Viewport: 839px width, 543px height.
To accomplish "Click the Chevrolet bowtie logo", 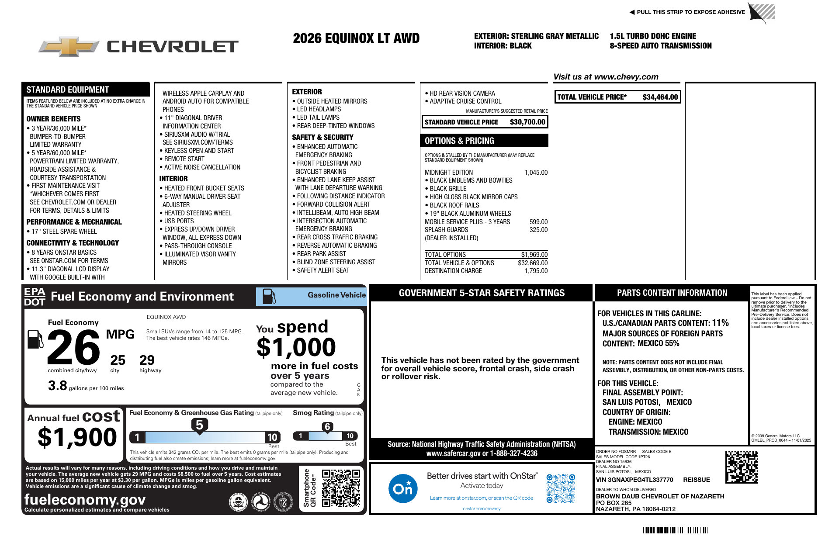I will tap(69, 46).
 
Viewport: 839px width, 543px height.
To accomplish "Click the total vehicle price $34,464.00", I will tap(660, 97).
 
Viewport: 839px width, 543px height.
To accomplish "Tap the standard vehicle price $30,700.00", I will tap(527, 122).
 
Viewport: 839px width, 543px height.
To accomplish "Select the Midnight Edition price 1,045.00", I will tap(536, 173).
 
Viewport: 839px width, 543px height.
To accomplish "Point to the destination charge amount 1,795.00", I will tap(536, 271).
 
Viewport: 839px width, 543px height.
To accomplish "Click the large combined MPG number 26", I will tap(73, 348).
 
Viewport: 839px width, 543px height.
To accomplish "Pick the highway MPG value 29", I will tap(147, 360).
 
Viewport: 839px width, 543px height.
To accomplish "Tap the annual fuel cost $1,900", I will tap(77, 437).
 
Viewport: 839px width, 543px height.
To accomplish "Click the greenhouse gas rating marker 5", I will tap(199, 425).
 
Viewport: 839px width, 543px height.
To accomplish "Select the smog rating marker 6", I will tap(327, 427).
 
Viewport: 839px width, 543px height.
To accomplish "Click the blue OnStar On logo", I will tap(402, 488).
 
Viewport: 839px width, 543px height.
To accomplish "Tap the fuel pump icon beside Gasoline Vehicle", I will tap(269, 297).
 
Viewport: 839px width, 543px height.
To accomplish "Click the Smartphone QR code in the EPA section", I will tap(341, 488).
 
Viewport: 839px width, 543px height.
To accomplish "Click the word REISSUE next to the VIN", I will tap(697, 480).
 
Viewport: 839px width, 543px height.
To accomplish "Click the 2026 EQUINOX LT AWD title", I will tap(356, 38).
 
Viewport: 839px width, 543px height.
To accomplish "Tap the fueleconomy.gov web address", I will tap(85, 499).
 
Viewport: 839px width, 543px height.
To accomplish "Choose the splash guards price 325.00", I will tap(538, 230).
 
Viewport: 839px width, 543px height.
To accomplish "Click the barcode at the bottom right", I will tap(675, 530).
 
